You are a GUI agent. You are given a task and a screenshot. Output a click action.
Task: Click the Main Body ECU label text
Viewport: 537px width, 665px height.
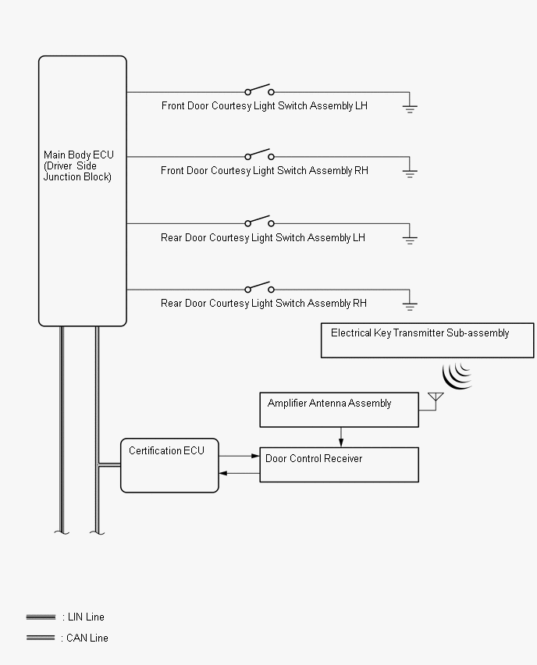click(78, 165)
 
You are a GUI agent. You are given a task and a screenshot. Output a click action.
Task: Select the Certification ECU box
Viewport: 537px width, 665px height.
click(169, 465)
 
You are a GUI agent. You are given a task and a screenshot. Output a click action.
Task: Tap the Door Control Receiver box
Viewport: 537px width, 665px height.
click(339, 464)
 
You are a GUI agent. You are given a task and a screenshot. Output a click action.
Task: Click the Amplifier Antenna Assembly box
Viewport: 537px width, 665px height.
click(339, 410)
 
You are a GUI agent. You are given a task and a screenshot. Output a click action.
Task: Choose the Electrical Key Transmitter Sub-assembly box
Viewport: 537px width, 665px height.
click(427, 340)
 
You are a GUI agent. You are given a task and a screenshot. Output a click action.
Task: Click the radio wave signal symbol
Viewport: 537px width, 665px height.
click(457, 375)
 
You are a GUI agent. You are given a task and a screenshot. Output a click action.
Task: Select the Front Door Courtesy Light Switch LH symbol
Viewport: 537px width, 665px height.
click(259, 90)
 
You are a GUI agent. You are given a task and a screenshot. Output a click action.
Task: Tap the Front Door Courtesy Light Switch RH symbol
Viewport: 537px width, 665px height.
click(259, 155)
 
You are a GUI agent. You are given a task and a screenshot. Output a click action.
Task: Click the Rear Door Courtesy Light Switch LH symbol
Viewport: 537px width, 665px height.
click(259, 222)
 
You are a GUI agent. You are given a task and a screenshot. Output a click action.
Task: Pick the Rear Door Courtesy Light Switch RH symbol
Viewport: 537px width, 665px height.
click(259, 287)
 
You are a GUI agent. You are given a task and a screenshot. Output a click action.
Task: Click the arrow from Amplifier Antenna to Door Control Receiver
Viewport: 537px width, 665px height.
click(341, 441)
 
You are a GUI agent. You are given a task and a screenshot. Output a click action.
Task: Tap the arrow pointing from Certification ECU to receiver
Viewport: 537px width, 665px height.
click(254, 456)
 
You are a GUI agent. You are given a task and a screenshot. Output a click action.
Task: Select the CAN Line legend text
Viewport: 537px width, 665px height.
click(85, 638)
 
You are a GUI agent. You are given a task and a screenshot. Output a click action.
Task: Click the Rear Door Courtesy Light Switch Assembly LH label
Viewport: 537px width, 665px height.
click(263, 237)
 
